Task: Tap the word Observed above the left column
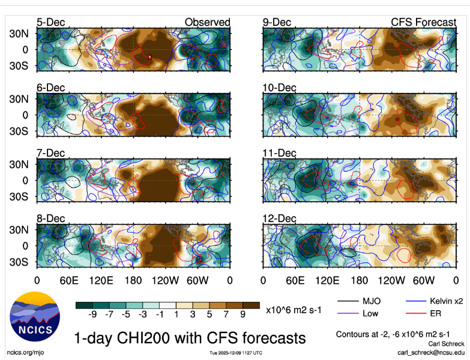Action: click(207, 22)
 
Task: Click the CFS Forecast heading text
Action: click(423, 22)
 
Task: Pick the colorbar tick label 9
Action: click(243, 314)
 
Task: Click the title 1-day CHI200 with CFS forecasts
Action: click(189, 337)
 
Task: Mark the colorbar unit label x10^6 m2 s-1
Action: click(293, 310)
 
